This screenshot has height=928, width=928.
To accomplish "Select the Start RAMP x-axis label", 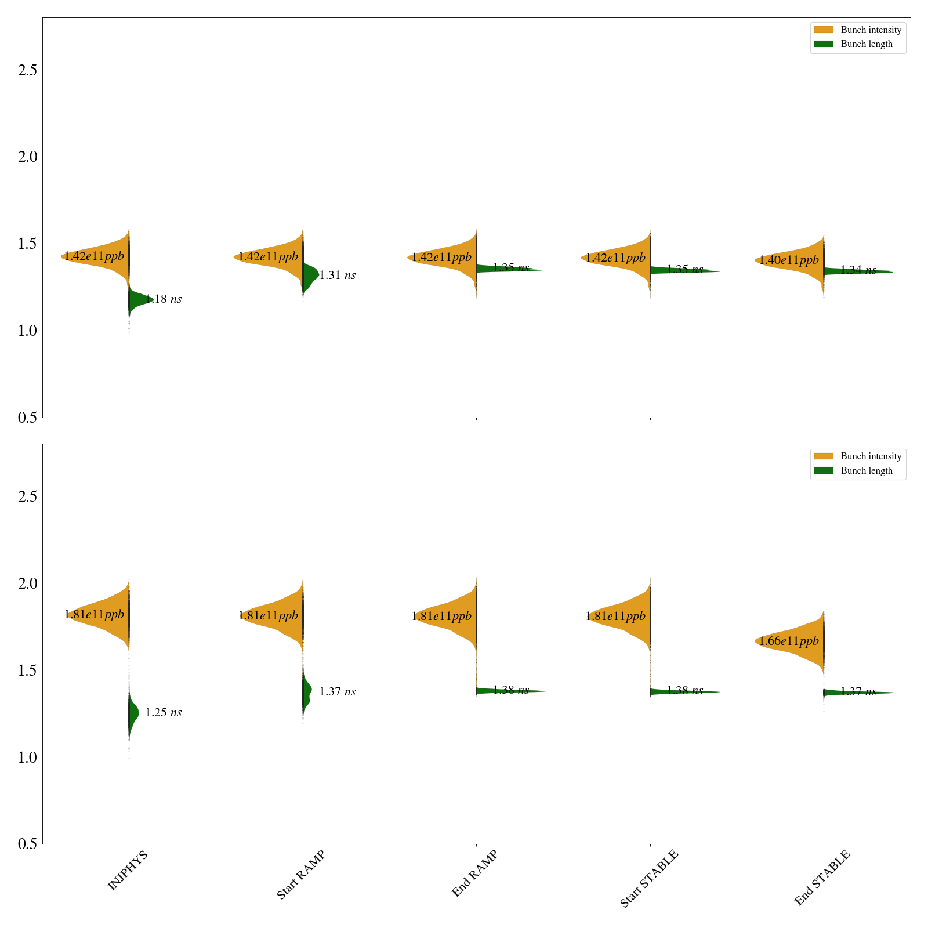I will pos(300,875).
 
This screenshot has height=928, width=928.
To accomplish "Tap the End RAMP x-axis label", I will pos(474,873).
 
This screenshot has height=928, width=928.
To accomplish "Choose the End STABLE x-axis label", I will pos(822,877).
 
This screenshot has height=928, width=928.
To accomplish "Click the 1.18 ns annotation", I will pos(164,299).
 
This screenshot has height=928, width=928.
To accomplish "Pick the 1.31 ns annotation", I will pos(338,275).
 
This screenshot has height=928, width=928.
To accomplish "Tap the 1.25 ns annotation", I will pos(164,713).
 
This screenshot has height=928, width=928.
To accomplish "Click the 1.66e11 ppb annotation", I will pos(789,641).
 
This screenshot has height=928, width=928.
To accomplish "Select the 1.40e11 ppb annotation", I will pos(789,260).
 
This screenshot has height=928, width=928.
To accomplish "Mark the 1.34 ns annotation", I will pos(858,270).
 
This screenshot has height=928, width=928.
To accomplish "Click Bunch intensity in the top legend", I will pos(871,30).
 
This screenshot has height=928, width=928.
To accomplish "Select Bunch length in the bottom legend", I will pos(867,471).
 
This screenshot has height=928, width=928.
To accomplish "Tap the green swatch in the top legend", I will pos(824,44).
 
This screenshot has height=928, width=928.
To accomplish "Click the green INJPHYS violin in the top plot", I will pos(137,300).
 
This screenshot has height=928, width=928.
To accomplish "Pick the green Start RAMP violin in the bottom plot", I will pos(307,690).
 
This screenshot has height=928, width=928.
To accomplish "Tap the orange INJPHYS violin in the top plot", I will pos(104,255).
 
